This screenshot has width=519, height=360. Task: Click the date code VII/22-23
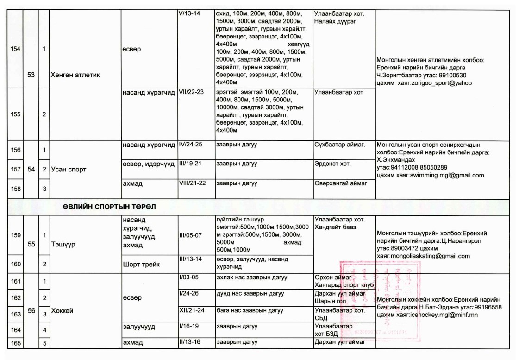tap(192, 92)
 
